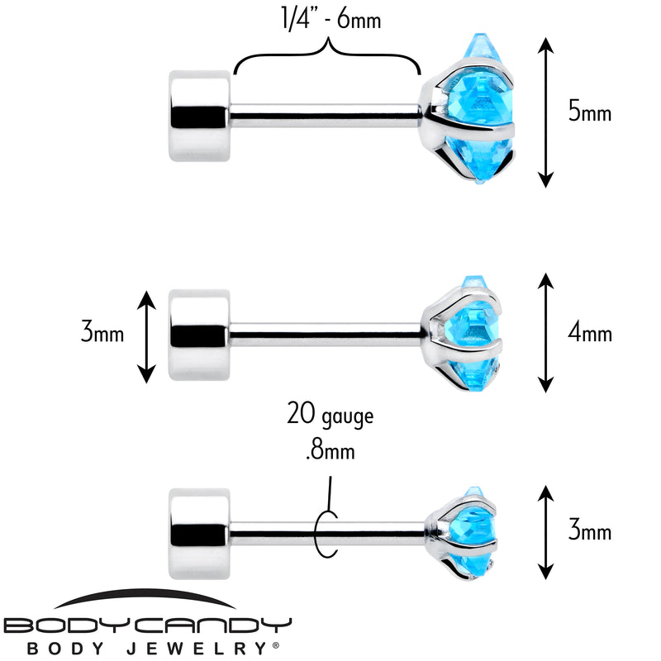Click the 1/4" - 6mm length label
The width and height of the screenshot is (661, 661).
(x=331, y=19)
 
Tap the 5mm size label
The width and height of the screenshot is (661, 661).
(x=590, y=112)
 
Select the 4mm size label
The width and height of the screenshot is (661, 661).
(x=590, y=333)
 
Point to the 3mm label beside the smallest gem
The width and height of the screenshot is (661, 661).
(x=590, y=530)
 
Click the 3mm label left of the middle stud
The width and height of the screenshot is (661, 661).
(x=102, y=332)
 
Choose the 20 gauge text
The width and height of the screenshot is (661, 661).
(x=330, y=414)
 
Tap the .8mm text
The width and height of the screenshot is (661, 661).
(x=330, y=450)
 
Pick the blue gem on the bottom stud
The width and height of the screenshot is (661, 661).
(x=473, y=532)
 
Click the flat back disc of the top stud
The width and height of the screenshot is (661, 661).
(x=199, y=116)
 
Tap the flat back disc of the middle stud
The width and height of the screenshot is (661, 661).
(x=199, y=335)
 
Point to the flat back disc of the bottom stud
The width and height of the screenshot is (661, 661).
(x=199, y=534)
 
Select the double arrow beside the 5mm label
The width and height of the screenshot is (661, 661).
(x=545, y=112)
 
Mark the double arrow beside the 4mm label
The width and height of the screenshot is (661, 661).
(x=545, y=333)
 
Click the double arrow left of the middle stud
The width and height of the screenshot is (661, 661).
(x=146, y=336)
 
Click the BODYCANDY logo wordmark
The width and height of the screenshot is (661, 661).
(x=147, y=625)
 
